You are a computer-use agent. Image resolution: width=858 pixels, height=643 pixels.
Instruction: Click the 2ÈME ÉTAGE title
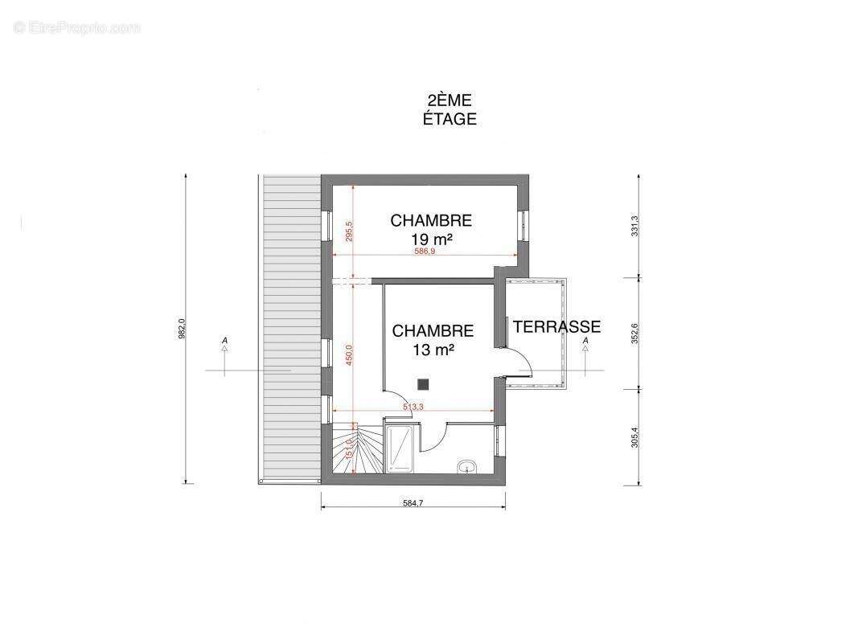pos(450,109)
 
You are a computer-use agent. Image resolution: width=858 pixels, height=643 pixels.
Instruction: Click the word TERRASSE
pos(557,327)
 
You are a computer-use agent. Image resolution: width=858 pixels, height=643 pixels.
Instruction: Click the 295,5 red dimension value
pos(349,231)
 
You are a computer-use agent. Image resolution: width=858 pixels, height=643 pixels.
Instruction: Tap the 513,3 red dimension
pos(413,408)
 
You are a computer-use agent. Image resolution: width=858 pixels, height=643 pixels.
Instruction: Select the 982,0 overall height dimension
pos(183,329)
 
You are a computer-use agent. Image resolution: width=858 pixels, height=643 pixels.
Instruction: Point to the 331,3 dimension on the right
pos(634,226)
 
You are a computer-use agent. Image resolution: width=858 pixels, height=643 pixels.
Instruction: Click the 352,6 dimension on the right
pos(634,333)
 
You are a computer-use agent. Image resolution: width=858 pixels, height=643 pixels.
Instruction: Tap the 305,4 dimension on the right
pos(634,436)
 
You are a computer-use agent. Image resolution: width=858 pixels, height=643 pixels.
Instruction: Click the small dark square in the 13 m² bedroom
pos(423,383)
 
